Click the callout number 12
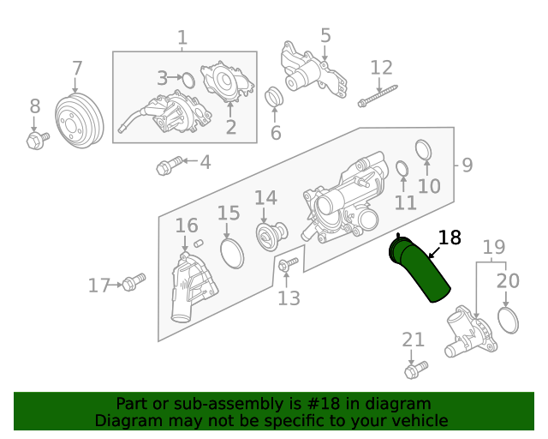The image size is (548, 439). pyautogui.click(x=381, y=67)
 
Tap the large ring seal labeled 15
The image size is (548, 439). pyautogui.click(x=231, y=254)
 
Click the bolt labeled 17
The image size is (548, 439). pyautogui.click(x=134, y=281)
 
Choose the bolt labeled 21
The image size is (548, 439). pyautogui.click(x=415, y=370)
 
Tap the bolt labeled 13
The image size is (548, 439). pyautogui.click(x=287, y=265)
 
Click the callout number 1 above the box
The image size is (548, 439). pyautogui.click(x=182, y=38)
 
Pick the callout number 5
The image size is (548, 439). pyautogui.click(x=325, y=35)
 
